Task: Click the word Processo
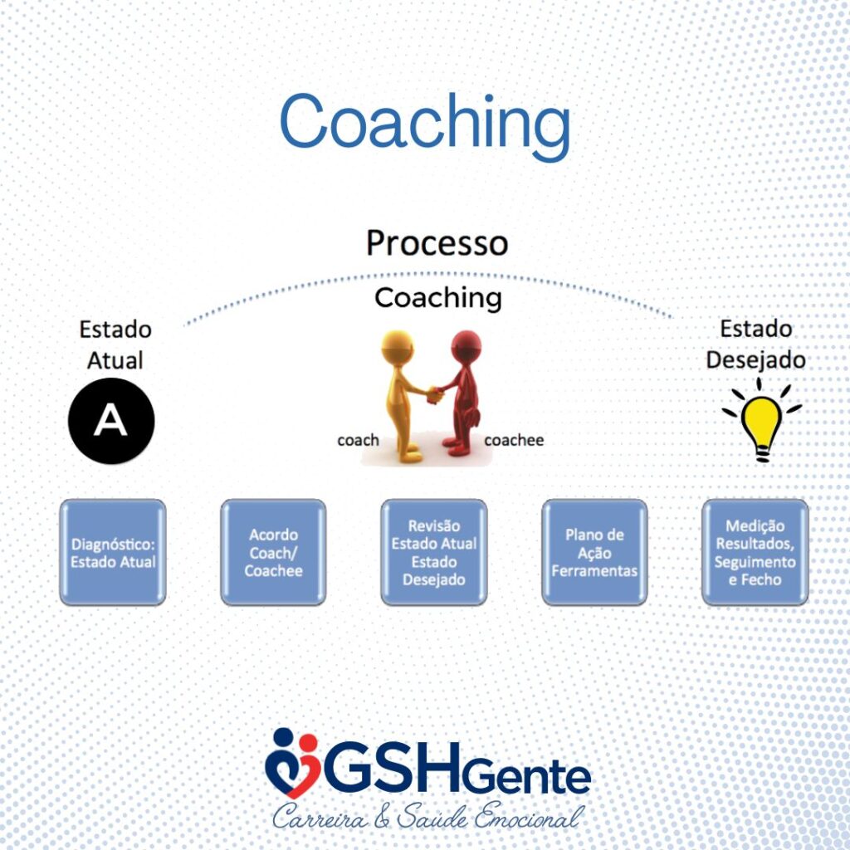click(437, 242)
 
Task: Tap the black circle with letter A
click(111, 421)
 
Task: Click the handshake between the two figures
click(434, 394)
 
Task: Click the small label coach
click(358, 440)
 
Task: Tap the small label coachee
click(514, 440)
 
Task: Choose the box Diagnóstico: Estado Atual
click(113, 552)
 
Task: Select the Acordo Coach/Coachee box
click(273, 552)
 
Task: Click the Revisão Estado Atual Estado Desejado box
click(433, 552)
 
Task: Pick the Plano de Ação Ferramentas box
click(594, 552)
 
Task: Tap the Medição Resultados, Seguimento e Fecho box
click(755, 552)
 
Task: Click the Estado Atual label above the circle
click(115, 344)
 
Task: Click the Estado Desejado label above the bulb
click(755, 344)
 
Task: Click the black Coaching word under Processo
click(438, 298)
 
